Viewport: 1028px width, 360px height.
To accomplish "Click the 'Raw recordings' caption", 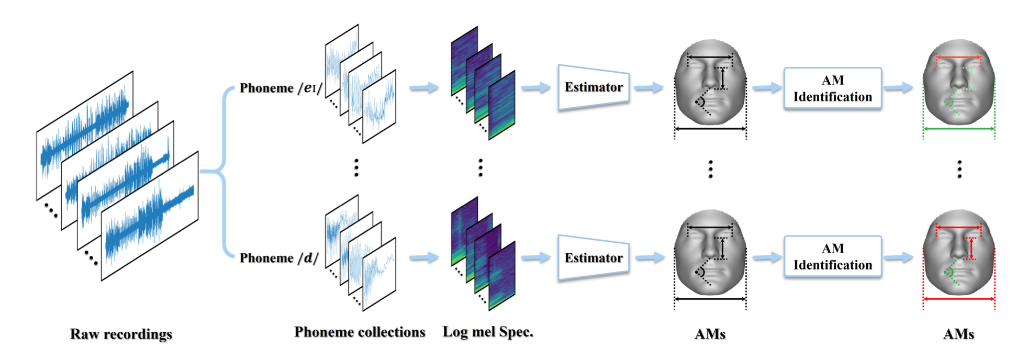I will click(121, 334).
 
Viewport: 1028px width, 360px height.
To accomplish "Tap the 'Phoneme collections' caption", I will click(360, 332).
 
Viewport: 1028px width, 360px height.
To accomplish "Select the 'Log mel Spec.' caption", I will click(488, 332).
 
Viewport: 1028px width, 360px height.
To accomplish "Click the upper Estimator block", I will click(594, 87).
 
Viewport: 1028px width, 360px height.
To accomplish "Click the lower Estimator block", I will click(594, 258).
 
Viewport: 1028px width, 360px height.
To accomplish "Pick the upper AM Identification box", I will click(832, 88).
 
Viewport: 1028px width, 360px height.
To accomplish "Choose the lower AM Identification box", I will click(832, 256).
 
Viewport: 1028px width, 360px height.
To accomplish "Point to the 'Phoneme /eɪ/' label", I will click(281, 88).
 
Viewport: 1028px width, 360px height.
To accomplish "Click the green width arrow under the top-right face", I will click(959, 129).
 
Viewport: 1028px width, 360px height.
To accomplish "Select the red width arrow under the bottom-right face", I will click(959, 299).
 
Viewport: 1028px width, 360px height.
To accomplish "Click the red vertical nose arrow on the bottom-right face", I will click(971, 249).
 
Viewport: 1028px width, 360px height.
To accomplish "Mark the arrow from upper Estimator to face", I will click(649, 87).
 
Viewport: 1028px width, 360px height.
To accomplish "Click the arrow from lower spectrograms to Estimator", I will click(535, 257).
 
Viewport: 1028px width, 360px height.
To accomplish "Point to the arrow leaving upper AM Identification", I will click(898, 87).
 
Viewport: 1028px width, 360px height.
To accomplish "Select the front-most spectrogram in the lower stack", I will click(501, 276).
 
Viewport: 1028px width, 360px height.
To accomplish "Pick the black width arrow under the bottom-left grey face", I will click(710, 299).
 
